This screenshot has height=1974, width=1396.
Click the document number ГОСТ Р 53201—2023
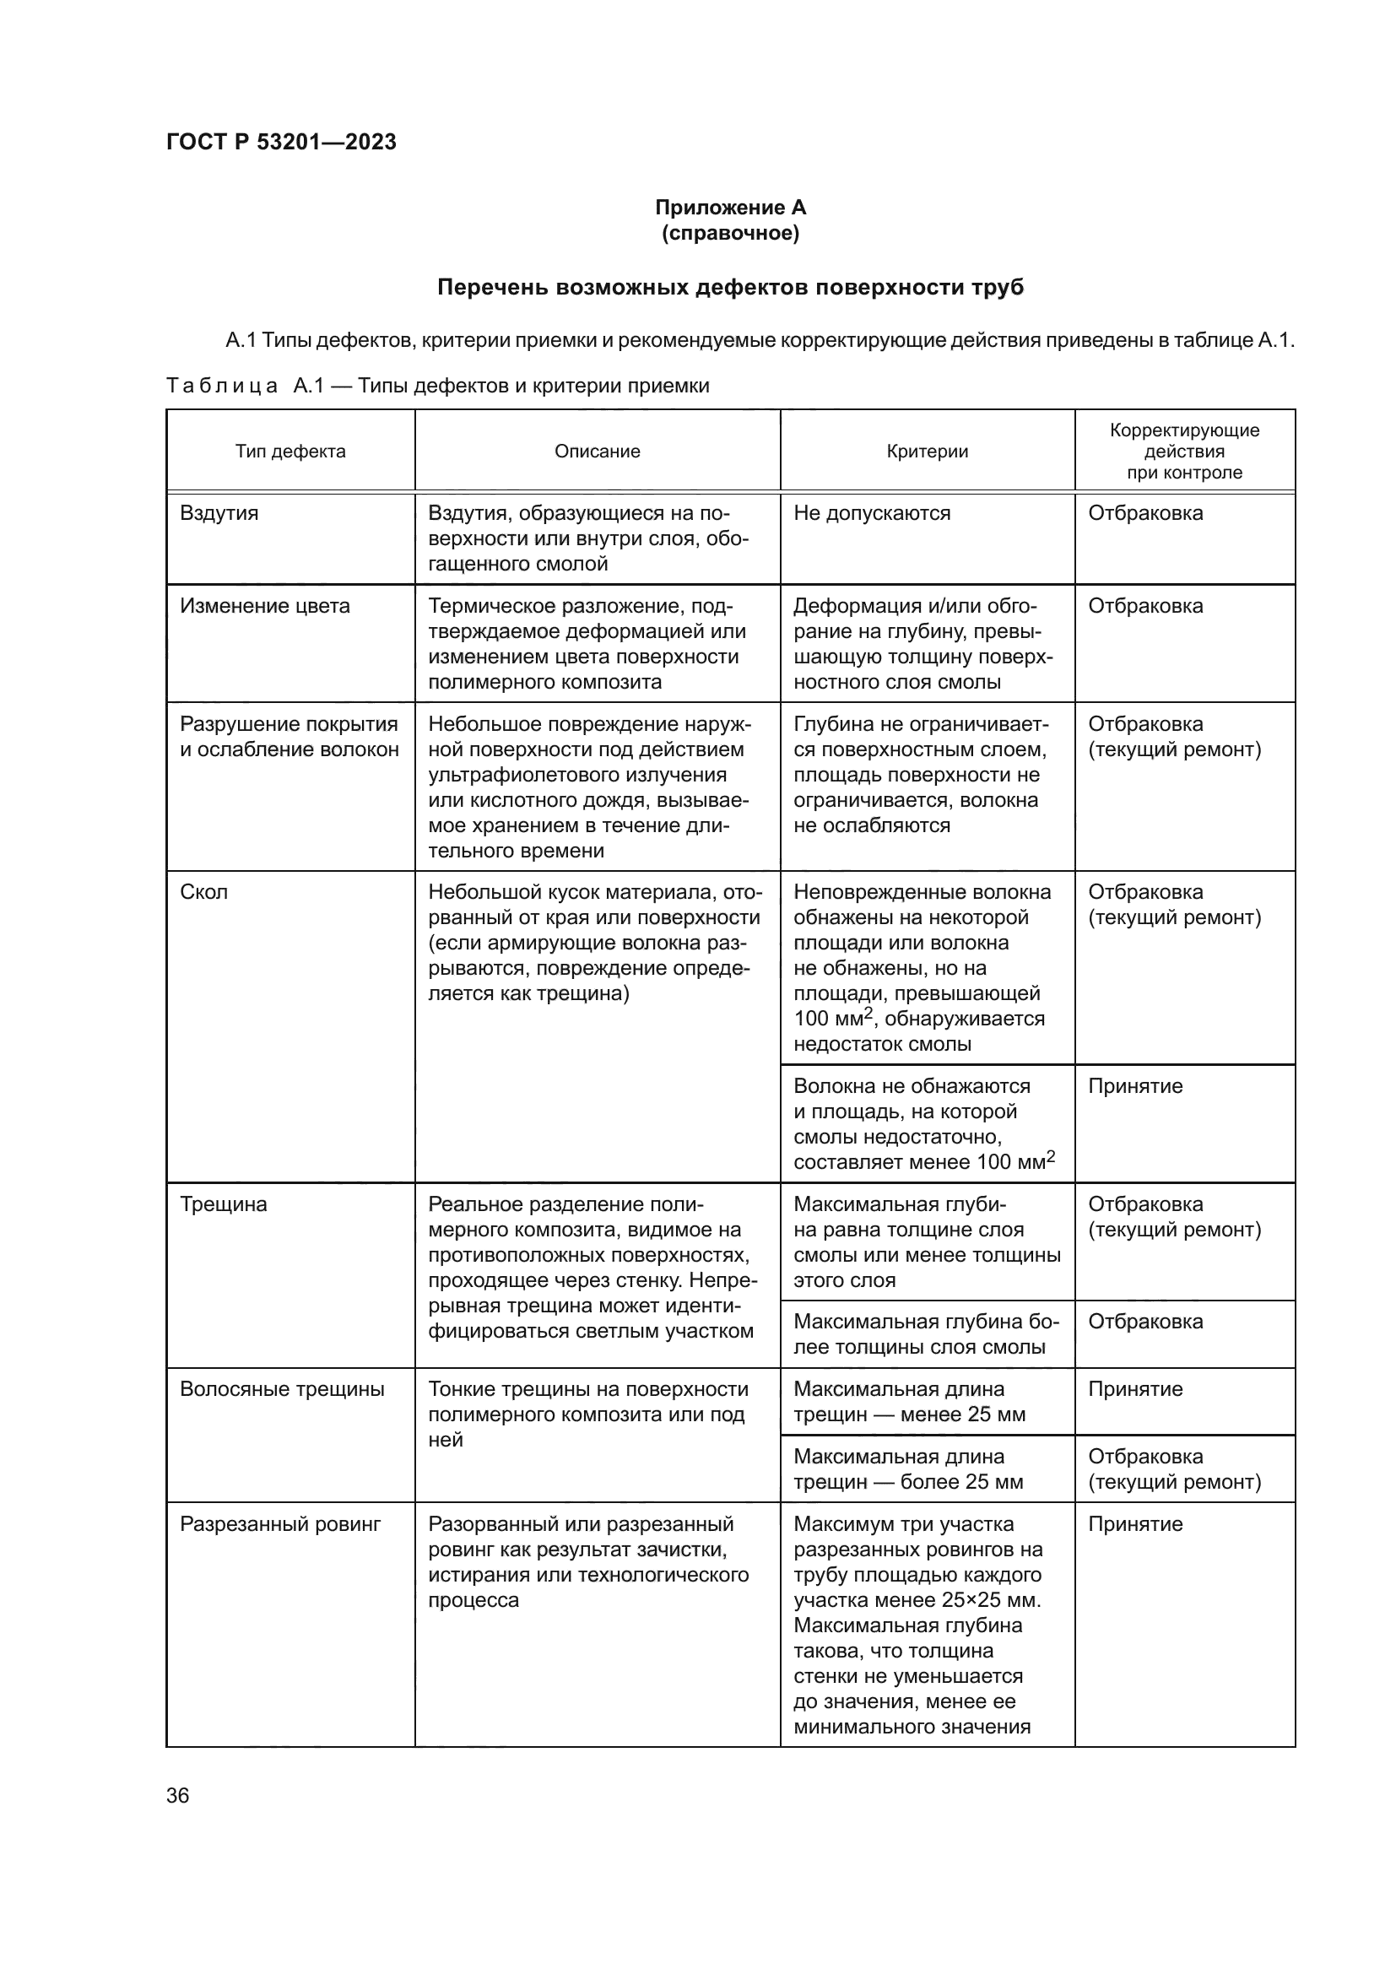(281, 142)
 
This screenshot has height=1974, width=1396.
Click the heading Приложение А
(730, 208)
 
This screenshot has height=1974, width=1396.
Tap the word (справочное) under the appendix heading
(730, 234)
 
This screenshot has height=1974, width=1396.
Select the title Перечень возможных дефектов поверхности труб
(730, 287)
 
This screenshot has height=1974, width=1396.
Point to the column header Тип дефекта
(290, 452)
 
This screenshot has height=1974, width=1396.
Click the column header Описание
(598, 452)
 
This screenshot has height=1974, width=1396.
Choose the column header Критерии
(927, 452)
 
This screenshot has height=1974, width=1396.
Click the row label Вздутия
(219, 513)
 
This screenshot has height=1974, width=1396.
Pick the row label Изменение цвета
(265, 606)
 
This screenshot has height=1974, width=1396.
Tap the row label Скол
(203, 892)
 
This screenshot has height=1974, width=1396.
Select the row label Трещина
(224, 1204)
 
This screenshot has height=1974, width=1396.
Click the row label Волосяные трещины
(282, 1389)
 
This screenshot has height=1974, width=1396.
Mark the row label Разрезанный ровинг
(279, 1524)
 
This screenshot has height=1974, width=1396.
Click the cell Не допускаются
(872, 513)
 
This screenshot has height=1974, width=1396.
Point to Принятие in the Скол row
(1134, 1087)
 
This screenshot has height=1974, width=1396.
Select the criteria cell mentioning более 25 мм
(908, 1469)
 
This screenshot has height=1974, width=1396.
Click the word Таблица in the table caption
(223, 386)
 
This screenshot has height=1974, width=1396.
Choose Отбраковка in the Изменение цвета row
(1145, 606)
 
